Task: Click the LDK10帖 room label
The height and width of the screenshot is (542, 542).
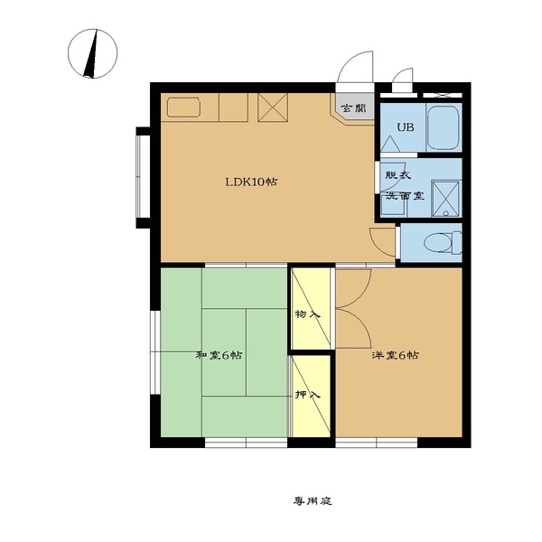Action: (x=251, y=182)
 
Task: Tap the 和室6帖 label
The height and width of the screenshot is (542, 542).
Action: (x=219, y=355)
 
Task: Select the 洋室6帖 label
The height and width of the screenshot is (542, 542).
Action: (x=396, y=355)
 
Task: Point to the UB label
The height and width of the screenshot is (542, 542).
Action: (x=405, y=127)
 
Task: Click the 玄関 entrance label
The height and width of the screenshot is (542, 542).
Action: (x=353, y=109)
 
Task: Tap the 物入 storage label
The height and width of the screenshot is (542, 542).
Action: (x=308, y=314)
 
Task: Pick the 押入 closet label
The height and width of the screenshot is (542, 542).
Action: (x=308, y=395)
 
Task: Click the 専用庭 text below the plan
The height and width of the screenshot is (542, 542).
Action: (x=313, y=500)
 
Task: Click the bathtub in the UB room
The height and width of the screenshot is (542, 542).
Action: (x=444, y=127)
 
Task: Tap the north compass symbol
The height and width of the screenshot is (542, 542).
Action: (x=93, y=53)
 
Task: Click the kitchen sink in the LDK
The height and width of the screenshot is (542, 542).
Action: (x=183, y=107)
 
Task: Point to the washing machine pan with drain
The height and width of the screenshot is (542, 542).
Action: (x=446, y=199)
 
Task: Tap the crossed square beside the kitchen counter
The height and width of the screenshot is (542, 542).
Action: (x=273, y=107)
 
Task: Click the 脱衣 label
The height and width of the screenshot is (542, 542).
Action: (x=398, y=175)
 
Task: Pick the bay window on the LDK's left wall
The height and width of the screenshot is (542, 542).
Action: (x=143, y=177)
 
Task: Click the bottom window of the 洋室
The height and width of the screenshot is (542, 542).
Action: (x=377, y=443)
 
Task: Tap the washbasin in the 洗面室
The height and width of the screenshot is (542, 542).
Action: (x=394, y=206)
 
